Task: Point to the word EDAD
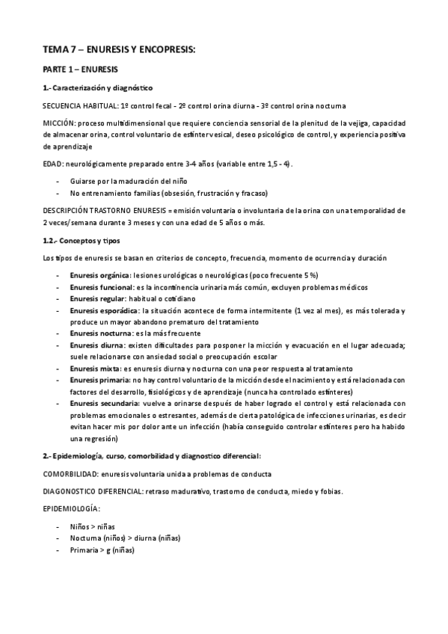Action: (52, 163)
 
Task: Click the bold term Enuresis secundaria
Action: (102, 403)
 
